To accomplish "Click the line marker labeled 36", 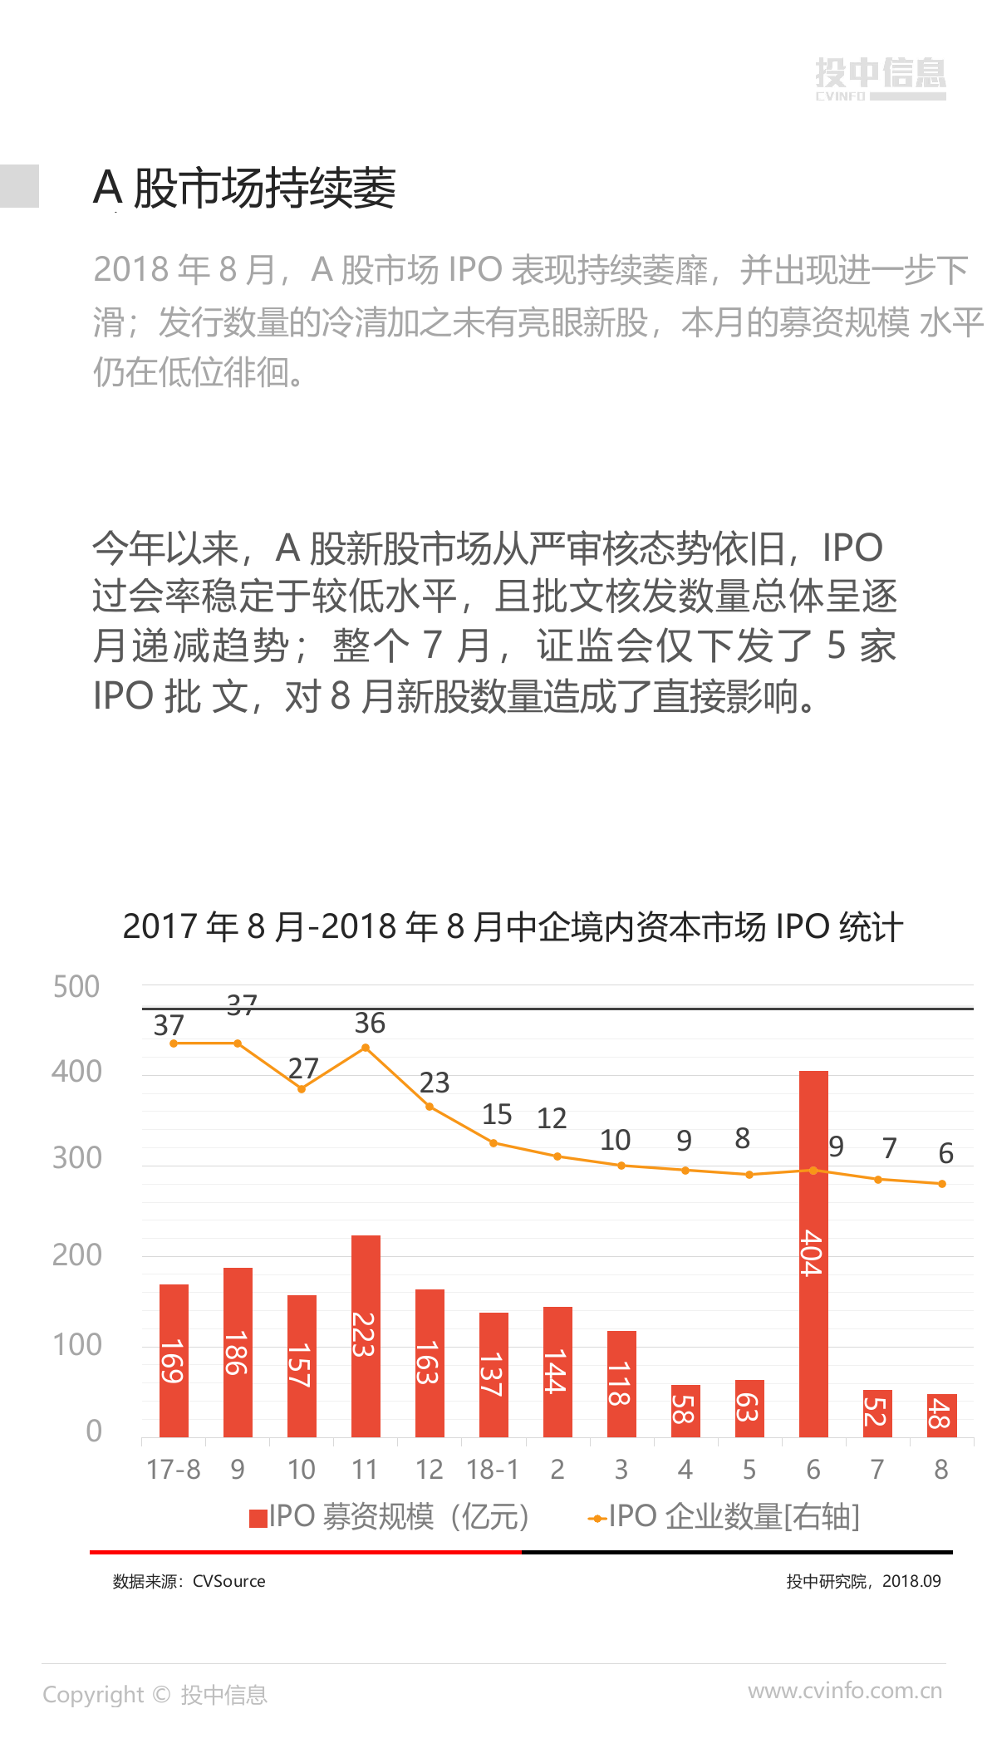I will coord(366,1048).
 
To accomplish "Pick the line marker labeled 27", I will coord(302,1088).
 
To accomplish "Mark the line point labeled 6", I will coord(941,1184).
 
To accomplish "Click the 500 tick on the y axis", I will coord(76,987).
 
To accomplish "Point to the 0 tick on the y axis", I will coord(94,1430).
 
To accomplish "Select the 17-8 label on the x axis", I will coord(174,1470).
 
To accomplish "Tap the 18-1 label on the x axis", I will coord(493,1470).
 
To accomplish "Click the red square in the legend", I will coord(258,1518).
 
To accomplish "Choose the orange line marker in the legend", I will coord(597,1519).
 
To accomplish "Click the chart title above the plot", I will coord(513,927).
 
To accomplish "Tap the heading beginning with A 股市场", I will coord(244,188).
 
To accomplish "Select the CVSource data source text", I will coord(228,1581).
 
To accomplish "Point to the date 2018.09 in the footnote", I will coord(911,1581).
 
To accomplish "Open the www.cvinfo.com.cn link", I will coord(845,1691).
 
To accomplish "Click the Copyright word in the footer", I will coord(93,1695).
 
